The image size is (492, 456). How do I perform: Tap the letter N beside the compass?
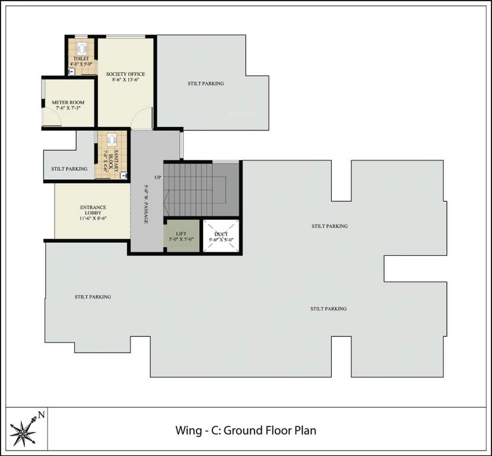coord(40,415)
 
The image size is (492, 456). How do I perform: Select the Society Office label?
coord(125,74)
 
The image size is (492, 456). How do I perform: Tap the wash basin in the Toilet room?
coord(71,71)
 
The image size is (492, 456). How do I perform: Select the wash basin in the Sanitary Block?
coord(123,174)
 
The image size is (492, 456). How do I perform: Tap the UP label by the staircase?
coord(158,178)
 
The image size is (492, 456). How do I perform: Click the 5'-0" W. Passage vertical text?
coord(146,203)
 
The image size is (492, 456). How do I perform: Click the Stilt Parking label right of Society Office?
coord(205,84)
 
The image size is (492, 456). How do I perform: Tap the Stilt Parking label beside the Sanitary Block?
coord(69,169)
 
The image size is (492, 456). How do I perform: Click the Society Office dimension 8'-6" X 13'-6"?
coord(125,81)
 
